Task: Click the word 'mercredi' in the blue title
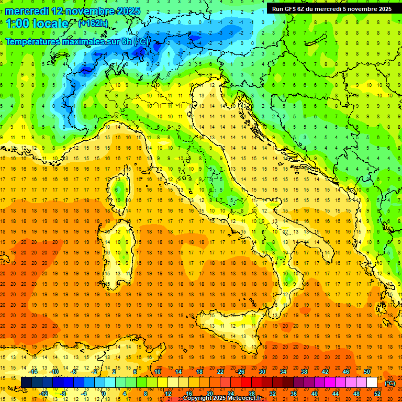(x=27, y=11)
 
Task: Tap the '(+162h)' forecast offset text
(x=93, y=23)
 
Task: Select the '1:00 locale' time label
(x=37, y=24)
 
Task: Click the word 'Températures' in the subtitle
(x=31, y=41)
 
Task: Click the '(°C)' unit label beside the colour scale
(x=390, y=383)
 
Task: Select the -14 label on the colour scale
(x=33, y=372)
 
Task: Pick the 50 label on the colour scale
(x=366, y=372)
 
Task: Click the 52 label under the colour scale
(x=377, y=394)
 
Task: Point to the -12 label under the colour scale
(x=44, y=394)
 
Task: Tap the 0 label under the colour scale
(x=104, y=394)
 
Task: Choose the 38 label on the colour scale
(x=304, y=372)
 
